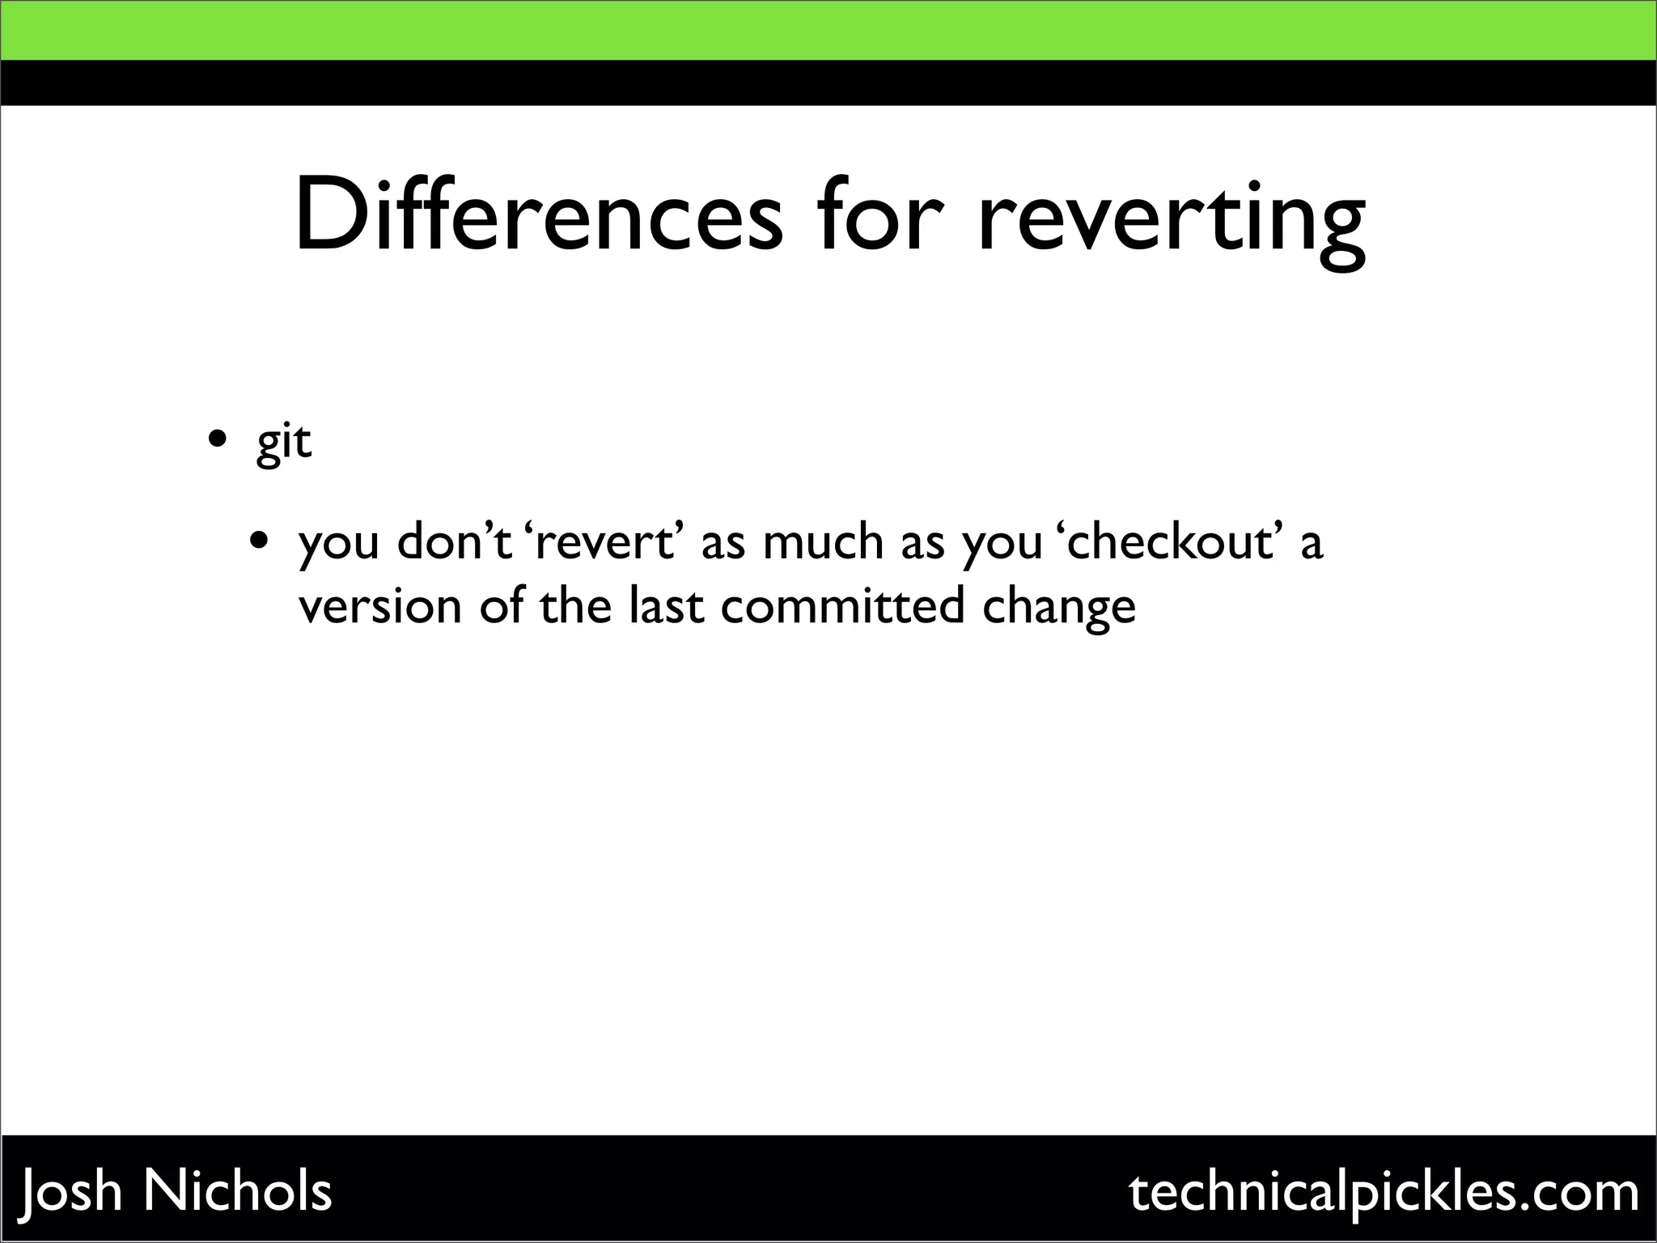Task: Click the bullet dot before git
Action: point(217,440)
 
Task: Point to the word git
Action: point(284,443)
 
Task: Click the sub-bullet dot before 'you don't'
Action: point(259,541)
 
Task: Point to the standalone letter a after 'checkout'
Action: point(1312,544)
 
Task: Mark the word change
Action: point(1059,609)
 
